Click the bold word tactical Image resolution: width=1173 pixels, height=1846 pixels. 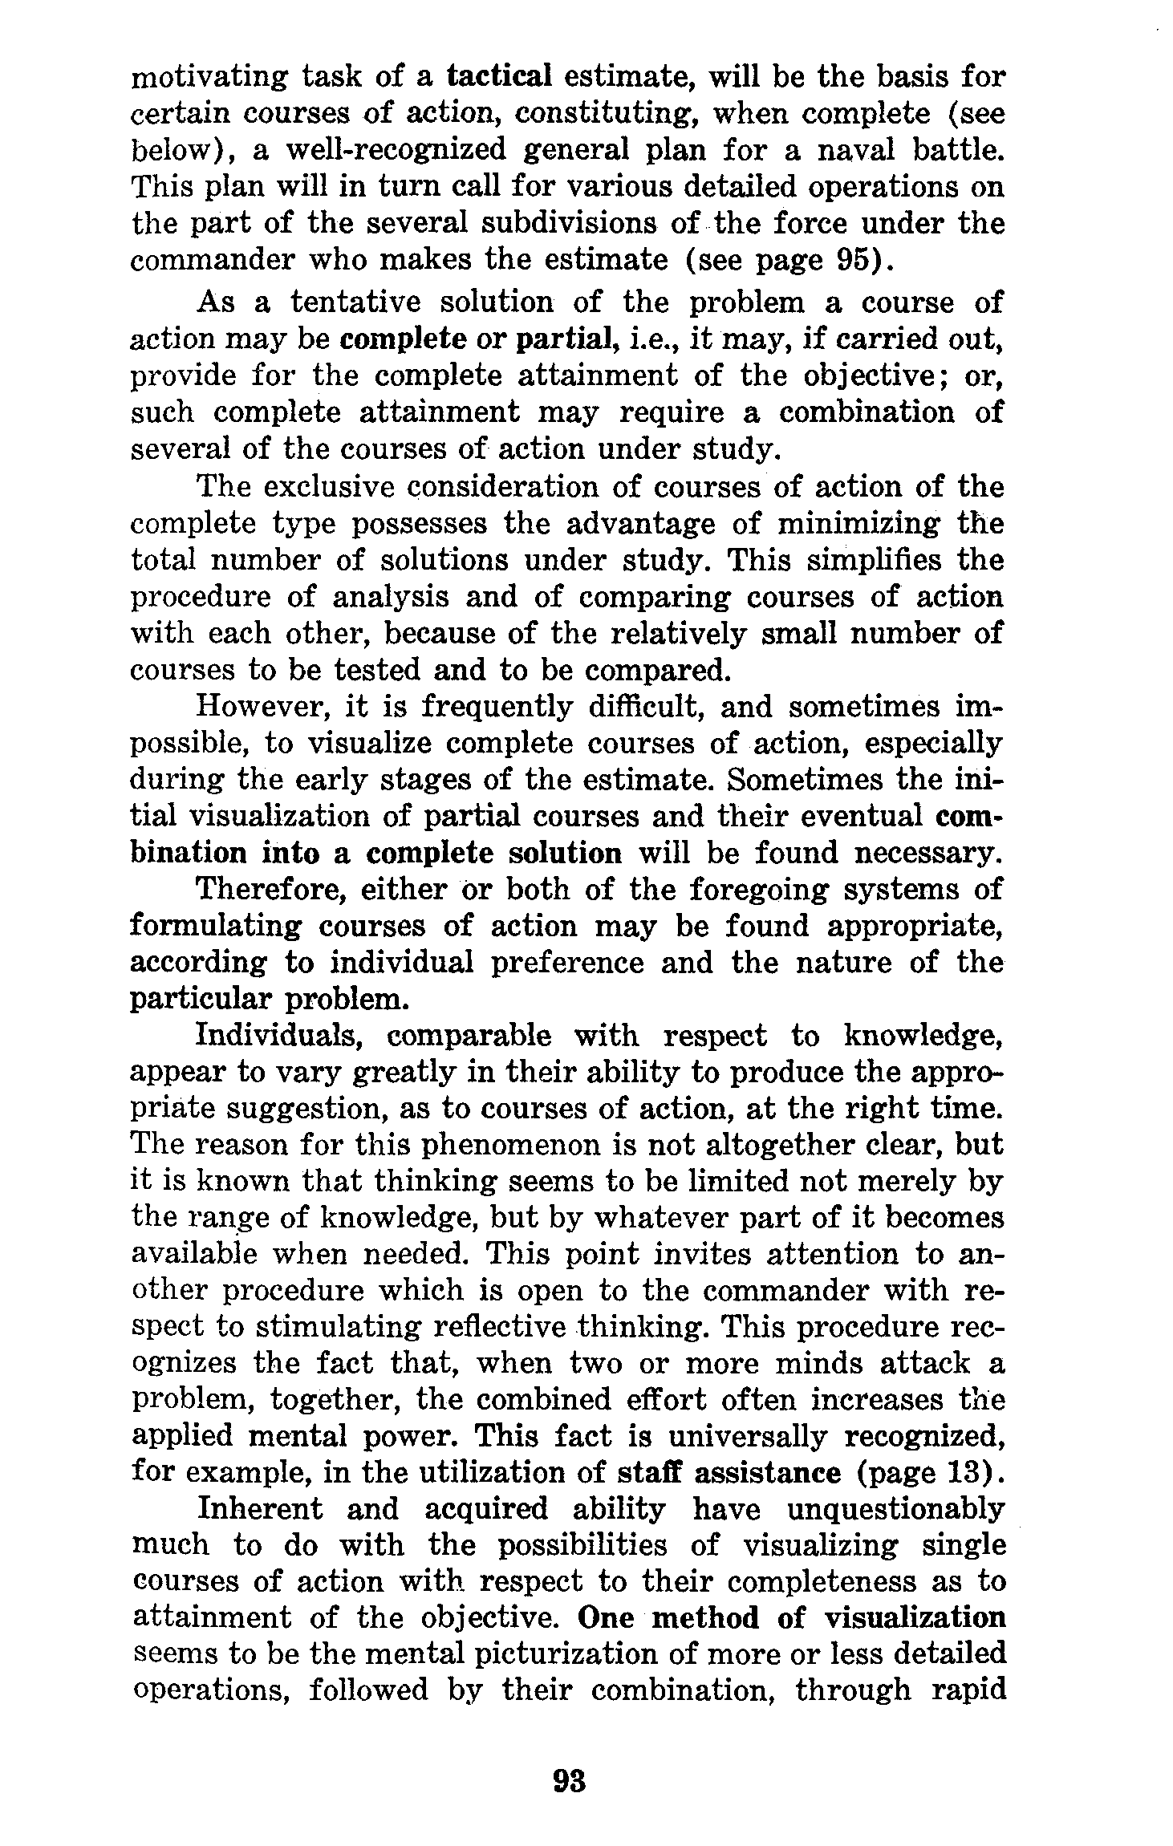pos(498,77)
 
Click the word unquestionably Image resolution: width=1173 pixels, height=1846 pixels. pos(894,1510)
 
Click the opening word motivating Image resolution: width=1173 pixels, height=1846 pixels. pos(208,78)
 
